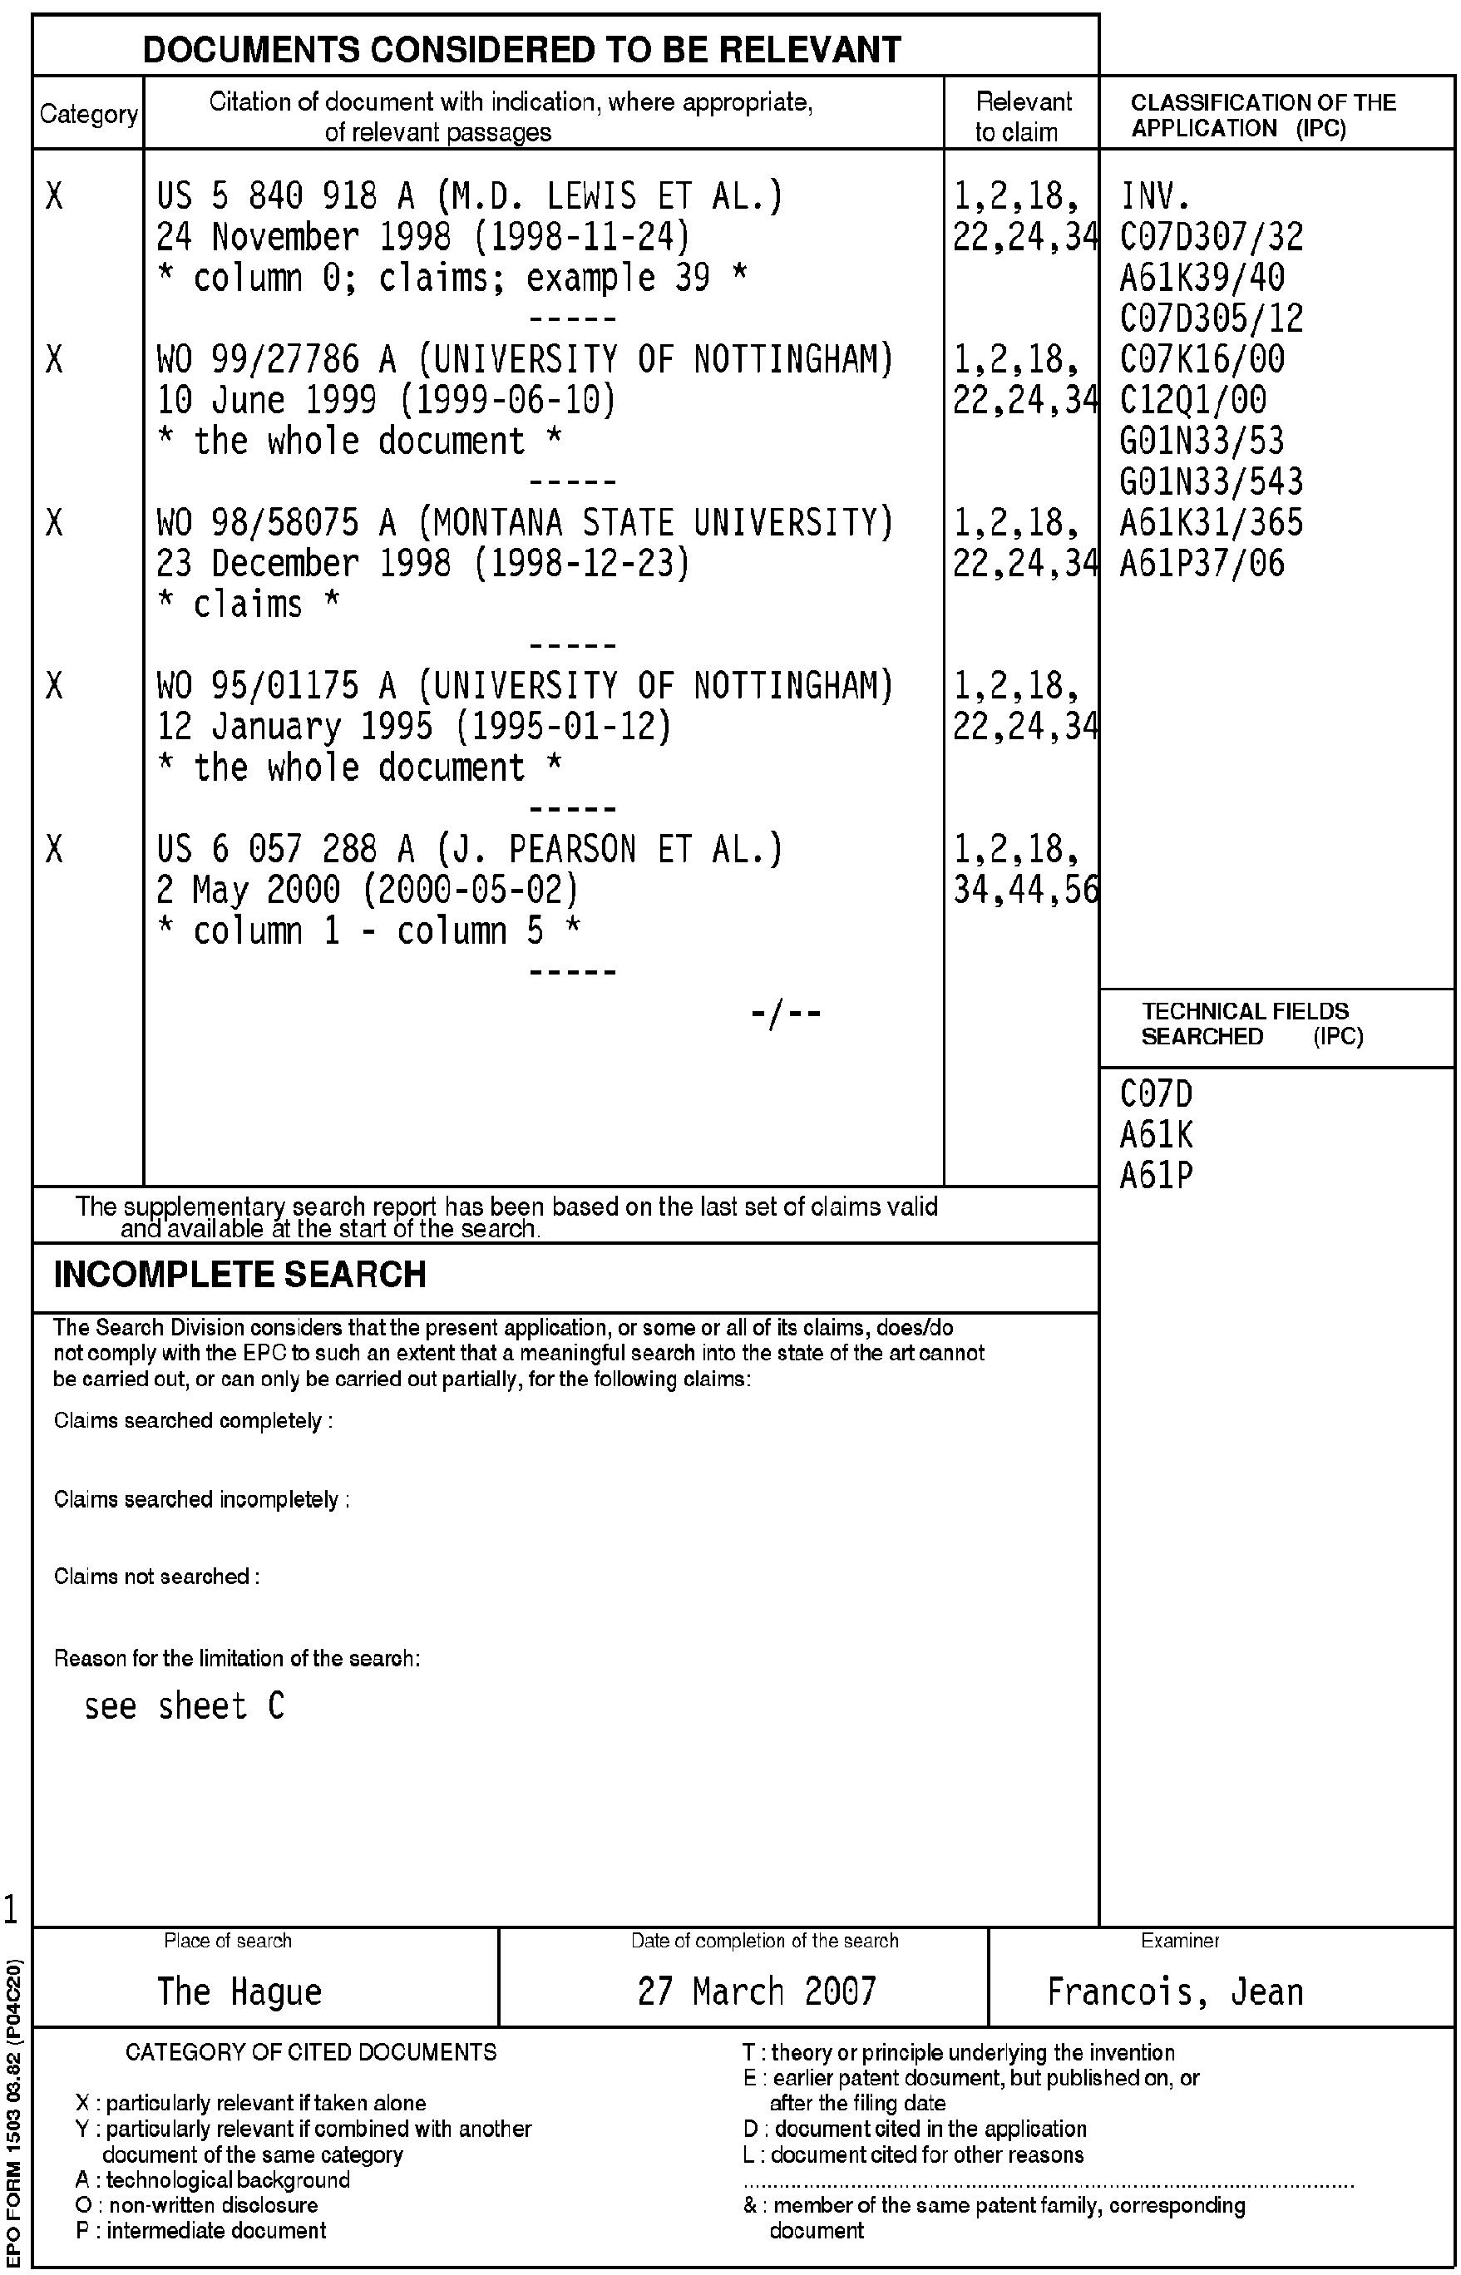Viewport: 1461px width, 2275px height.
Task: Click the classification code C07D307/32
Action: (1212, 237)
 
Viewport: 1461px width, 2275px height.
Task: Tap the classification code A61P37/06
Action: (1202, 564)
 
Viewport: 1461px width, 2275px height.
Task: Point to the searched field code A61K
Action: (1157, 1136)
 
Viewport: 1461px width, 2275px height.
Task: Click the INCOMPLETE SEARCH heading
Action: (240, 1275)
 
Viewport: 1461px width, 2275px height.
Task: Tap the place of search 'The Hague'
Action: (239, 1991)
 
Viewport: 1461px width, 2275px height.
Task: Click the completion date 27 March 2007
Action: (756, 1991)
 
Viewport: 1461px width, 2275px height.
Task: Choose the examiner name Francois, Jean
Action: (1174, 1991)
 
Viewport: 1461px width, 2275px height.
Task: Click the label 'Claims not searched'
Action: (156, 1577)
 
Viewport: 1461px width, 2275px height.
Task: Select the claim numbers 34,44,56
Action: (1025, 890)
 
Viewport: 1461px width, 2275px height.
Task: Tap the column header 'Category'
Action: (88, 115)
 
